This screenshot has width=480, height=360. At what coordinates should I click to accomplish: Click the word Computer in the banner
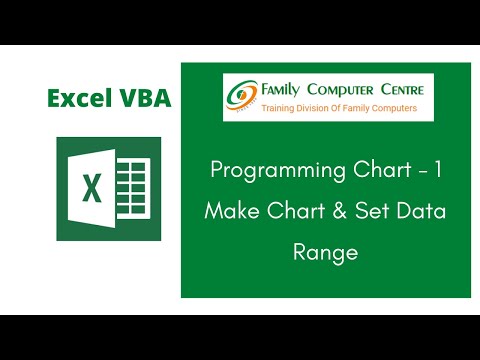click(350, 90)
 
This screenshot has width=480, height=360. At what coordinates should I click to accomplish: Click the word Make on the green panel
click(226, 212)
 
